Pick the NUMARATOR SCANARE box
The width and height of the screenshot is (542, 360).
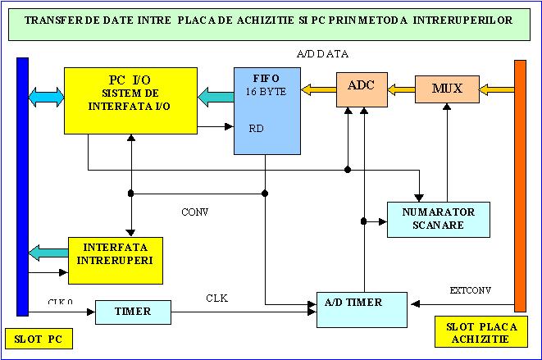(439, 219)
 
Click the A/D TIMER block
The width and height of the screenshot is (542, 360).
(362, 308)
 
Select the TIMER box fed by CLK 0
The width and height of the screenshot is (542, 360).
(134, 312)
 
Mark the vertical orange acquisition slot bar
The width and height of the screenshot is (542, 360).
(519, 185)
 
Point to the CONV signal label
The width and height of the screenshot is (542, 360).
(194, 212)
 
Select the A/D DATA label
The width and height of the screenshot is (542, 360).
(322, 54)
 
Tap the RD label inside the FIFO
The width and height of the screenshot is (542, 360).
(256, 128)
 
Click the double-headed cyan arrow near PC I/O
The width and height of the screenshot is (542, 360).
(46, 97)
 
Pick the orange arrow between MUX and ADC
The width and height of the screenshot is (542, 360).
(400, 87)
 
